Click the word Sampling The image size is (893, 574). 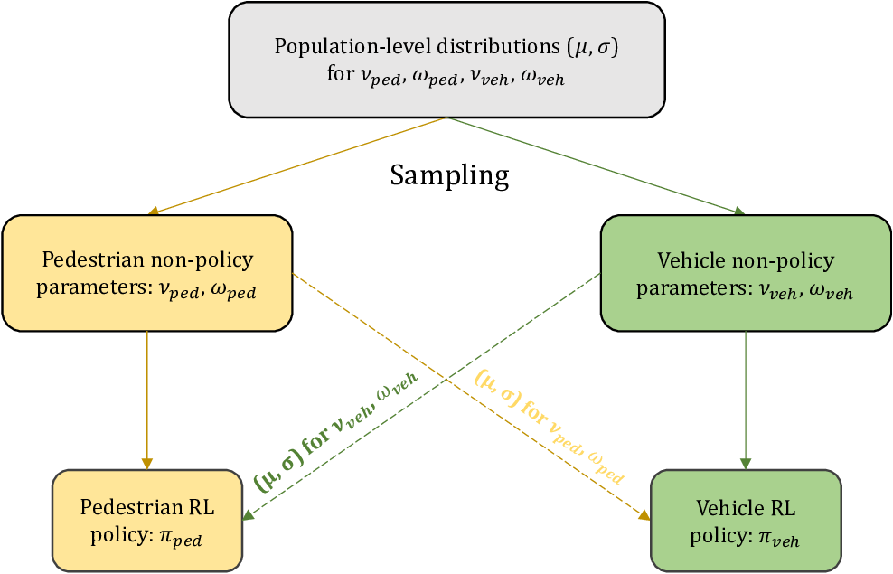(x=449, y=174)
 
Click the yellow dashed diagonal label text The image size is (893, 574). (x=550, y=425)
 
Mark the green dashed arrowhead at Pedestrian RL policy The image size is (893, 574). (x=246, y=516)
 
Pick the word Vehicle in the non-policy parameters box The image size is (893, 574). (x=690, y=261)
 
